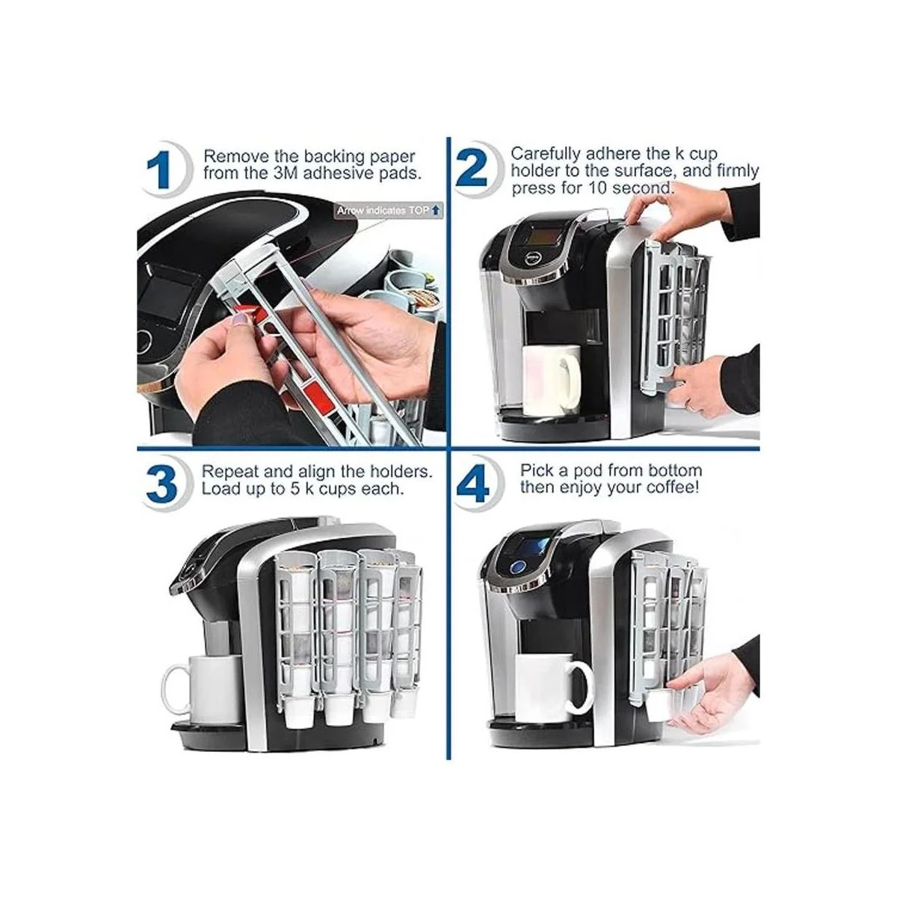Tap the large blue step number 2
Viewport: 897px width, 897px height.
(x=472, y=169)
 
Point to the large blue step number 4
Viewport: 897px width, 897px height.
(x=473, y=485)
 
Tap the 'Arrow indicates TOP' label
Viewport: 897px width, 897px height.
(x=388, y=211)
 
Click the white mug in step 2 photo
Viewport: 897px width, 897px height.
(x=552, y=380)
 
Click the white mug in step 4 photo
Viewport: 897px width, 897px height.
(x=552, y=689)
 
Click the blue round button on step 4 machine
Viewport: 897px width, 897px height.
(x=517, y=567)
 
